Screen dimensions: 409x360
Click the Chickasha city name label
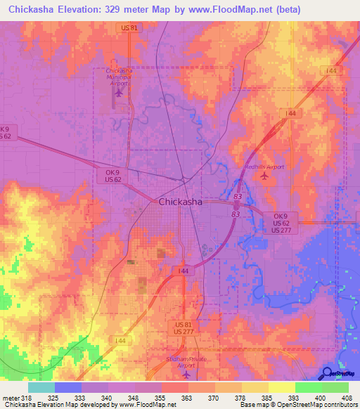(x=181, y=202)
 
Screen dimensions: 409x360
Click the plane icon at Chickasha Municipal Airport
(x=118, y=91)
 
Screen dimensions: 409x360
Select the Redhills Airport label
(x=264, y=167)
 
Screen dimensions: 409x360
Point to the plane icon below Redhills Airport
(x=264, y=176)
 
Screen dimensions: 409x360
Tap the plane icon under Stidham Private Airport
(x=186, y=373)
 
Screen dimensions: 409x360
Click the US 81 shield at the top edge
(x=127, y=27)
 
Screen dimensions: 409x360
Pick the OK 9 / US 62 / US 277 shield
(x=281, y=223)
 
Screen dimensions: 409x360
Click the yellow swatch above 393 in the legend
(x=281, y=387)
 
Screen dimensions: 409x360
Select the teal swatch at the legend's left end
(x=41, y=387)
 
